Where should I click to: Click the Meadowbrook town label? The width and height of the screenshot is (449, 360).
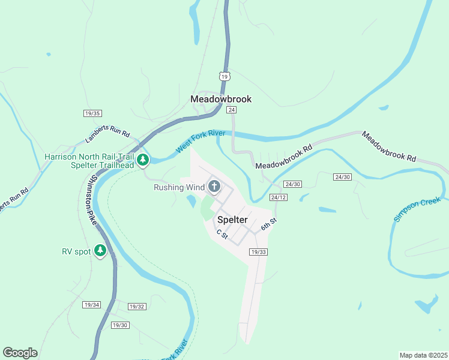tap(220, 99)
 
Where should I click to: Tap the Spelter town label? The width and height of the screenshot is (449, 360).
tap(232, 220)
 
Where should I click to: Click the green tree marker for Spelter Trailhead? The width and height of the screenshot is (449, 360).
tap(143, 160)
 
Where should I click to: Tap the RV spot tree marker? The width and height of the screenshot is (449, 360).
tap(100, 251)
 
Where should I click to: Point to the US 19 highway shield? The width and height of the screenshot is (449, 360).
tap(224, 76)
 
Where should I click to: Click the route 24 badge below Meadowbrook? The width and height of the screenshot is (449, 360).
tap(231, 110)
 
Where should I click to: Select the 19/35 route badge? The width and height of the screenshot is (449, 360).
tap(92, 113)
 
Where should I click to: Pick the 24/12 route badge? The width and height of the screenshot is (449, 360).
tap(278, 197)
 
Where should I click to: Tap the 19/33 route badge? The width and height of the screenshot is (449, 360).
tap(258, 252)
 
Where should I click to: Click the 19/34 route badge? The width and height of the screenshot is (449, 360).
tap(91, 305)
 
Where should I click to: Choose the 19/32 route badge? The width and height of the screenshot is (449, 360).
tap(137, 307)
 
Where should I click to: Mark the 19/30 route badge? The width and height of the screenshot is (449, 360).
tap(120, 325)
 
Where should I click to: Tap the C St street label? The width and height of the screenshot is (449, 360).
tap(222, 234)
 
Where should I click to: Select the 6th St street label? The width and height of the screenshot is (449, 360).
tap(268, 224)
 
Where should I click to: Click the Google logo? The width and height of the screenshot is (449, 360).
tap(20, 353)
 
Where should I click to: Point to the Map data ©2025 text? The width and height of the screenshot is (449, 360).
tap(423, 355)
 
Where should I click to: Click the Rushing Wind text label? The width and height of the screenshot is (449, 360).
tap(179, 187)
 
